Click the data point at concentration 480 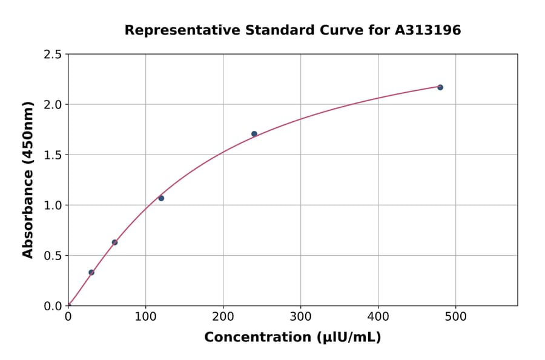pyautogui.click(x=440, y=87)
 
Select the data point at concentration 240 pyautogui.click(x=254, y=134)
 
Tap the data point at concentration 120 pyautogui.click(x=161, y=198)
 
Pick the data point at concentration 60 pyautogui.click(x=114, y=242)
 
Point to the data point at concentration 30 pyautogui.click(x=91, y=272)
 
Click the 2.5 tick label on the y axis pyautogui.click(x=53, y=55)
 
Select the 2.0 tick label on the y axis pyautogui.click(x=53, y=105)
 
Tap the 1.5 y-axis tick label pyautogui.click(x=53, y=155)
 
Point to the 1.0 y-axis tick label pyautogui.click(x=53, y=205)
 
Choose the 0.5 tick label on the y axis pyautogui.click(x=53, y=256)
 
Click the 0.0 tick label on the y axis pyautogui.click(x=53, y=306)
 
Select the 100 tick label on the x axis pyautogui.click(x=145, y=316)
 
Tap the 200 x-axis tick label pyautogui.click(x=223, y=316)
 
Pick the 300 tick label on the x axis pyautogui.click(x=300, y=316)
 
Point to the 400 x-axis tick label pyautogui.click(x=378, y=316)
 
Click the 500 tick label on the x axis pyautogui.click(x=455, y=316)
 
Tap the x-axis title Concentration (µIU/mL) pyautogui.click(x=292, y=338)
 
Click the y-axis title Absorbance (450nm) pyautogui.click(x=28, y=179)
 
